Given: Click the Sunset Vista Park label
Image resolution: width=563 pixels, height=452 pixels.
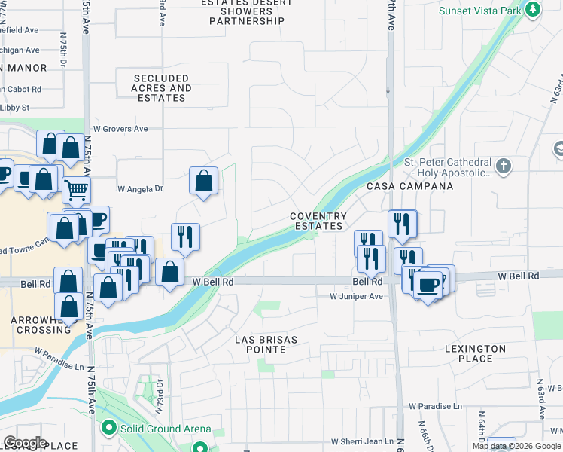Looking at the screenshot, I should point(481,11).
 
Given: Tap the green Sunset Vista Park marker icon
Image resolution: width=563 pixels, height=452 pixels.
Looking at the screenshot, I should point(533,10).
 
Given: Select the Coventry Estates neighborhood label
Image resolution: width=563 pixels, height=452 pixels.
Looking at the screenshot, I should point(318,221).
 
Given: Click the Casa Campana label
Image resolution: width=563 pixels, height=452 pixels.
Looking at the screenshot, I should point(410,186).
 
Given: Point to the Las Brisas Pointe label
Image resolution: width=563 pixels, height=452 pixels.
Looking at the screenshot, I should point(266,344).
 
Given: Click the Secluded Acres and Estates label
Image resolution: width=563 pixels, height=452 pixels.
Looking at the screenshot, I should point(161,88).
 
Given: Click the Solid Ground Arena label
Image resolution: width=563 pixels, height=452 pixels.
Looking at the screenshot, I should point(166,429).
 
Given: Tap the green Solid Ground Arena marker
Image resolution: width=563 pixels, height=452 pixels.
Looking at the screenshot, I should point(108,429).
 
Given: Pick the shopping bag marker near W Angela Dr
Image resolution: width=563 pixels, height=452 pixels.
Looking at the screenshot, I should point(203,181).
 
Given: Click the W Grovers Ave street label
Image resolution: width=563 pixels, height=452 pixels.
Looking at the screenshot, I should point(120,129).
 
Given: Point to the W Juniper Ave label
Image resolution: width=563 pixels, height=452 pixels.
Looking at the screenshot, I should point(357,297).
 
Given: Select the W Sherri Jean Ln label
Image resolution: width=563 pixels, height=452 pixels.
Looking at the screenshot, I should point(363,441).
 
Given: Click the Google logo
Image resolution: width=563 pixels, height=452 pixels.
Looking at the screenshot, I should point(25,443).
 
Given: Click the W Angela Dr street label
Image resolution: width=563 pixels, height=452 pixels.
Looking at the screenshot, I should point(140,189).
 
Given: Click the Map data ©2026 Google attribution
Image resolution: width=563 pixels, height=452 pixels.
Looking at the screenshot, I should point(516,446).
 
